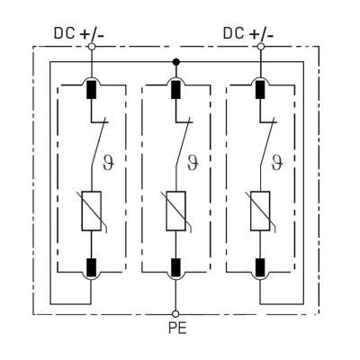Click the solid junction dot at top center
click(175, 63)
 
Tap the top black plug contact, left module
click(92, 90)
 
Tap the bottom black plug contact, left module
click(92, 266)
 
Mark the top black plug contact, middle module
click(175, 90)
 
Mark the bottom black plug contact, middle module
click(175, 266)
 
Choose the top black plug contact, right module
click(260, 90)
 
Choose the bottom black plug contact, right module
click(260, 266)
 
